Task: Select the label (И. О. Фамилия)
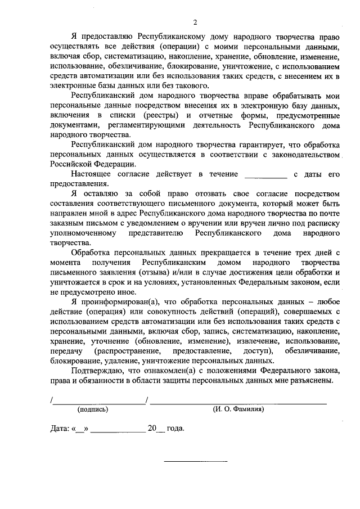(238, 409)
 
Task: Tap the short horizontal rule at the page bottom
(195, 462)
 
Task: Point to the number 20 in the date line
(152, 429)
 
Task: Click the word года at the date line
(175, 429)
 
